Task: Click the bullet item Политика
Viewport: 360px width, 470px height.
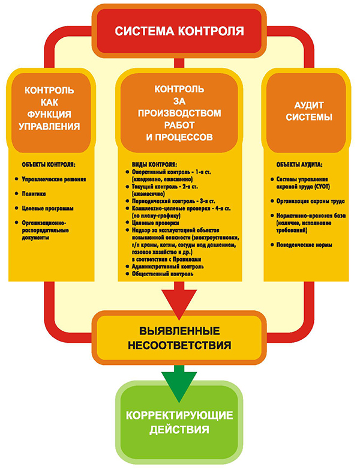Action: tap(34, 194)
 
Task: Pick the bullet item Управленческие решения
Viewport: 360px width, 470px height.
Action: tap(53, 179)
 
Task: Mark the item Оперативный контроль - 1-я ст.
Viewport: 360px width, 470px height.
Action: tap(175, 172)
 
